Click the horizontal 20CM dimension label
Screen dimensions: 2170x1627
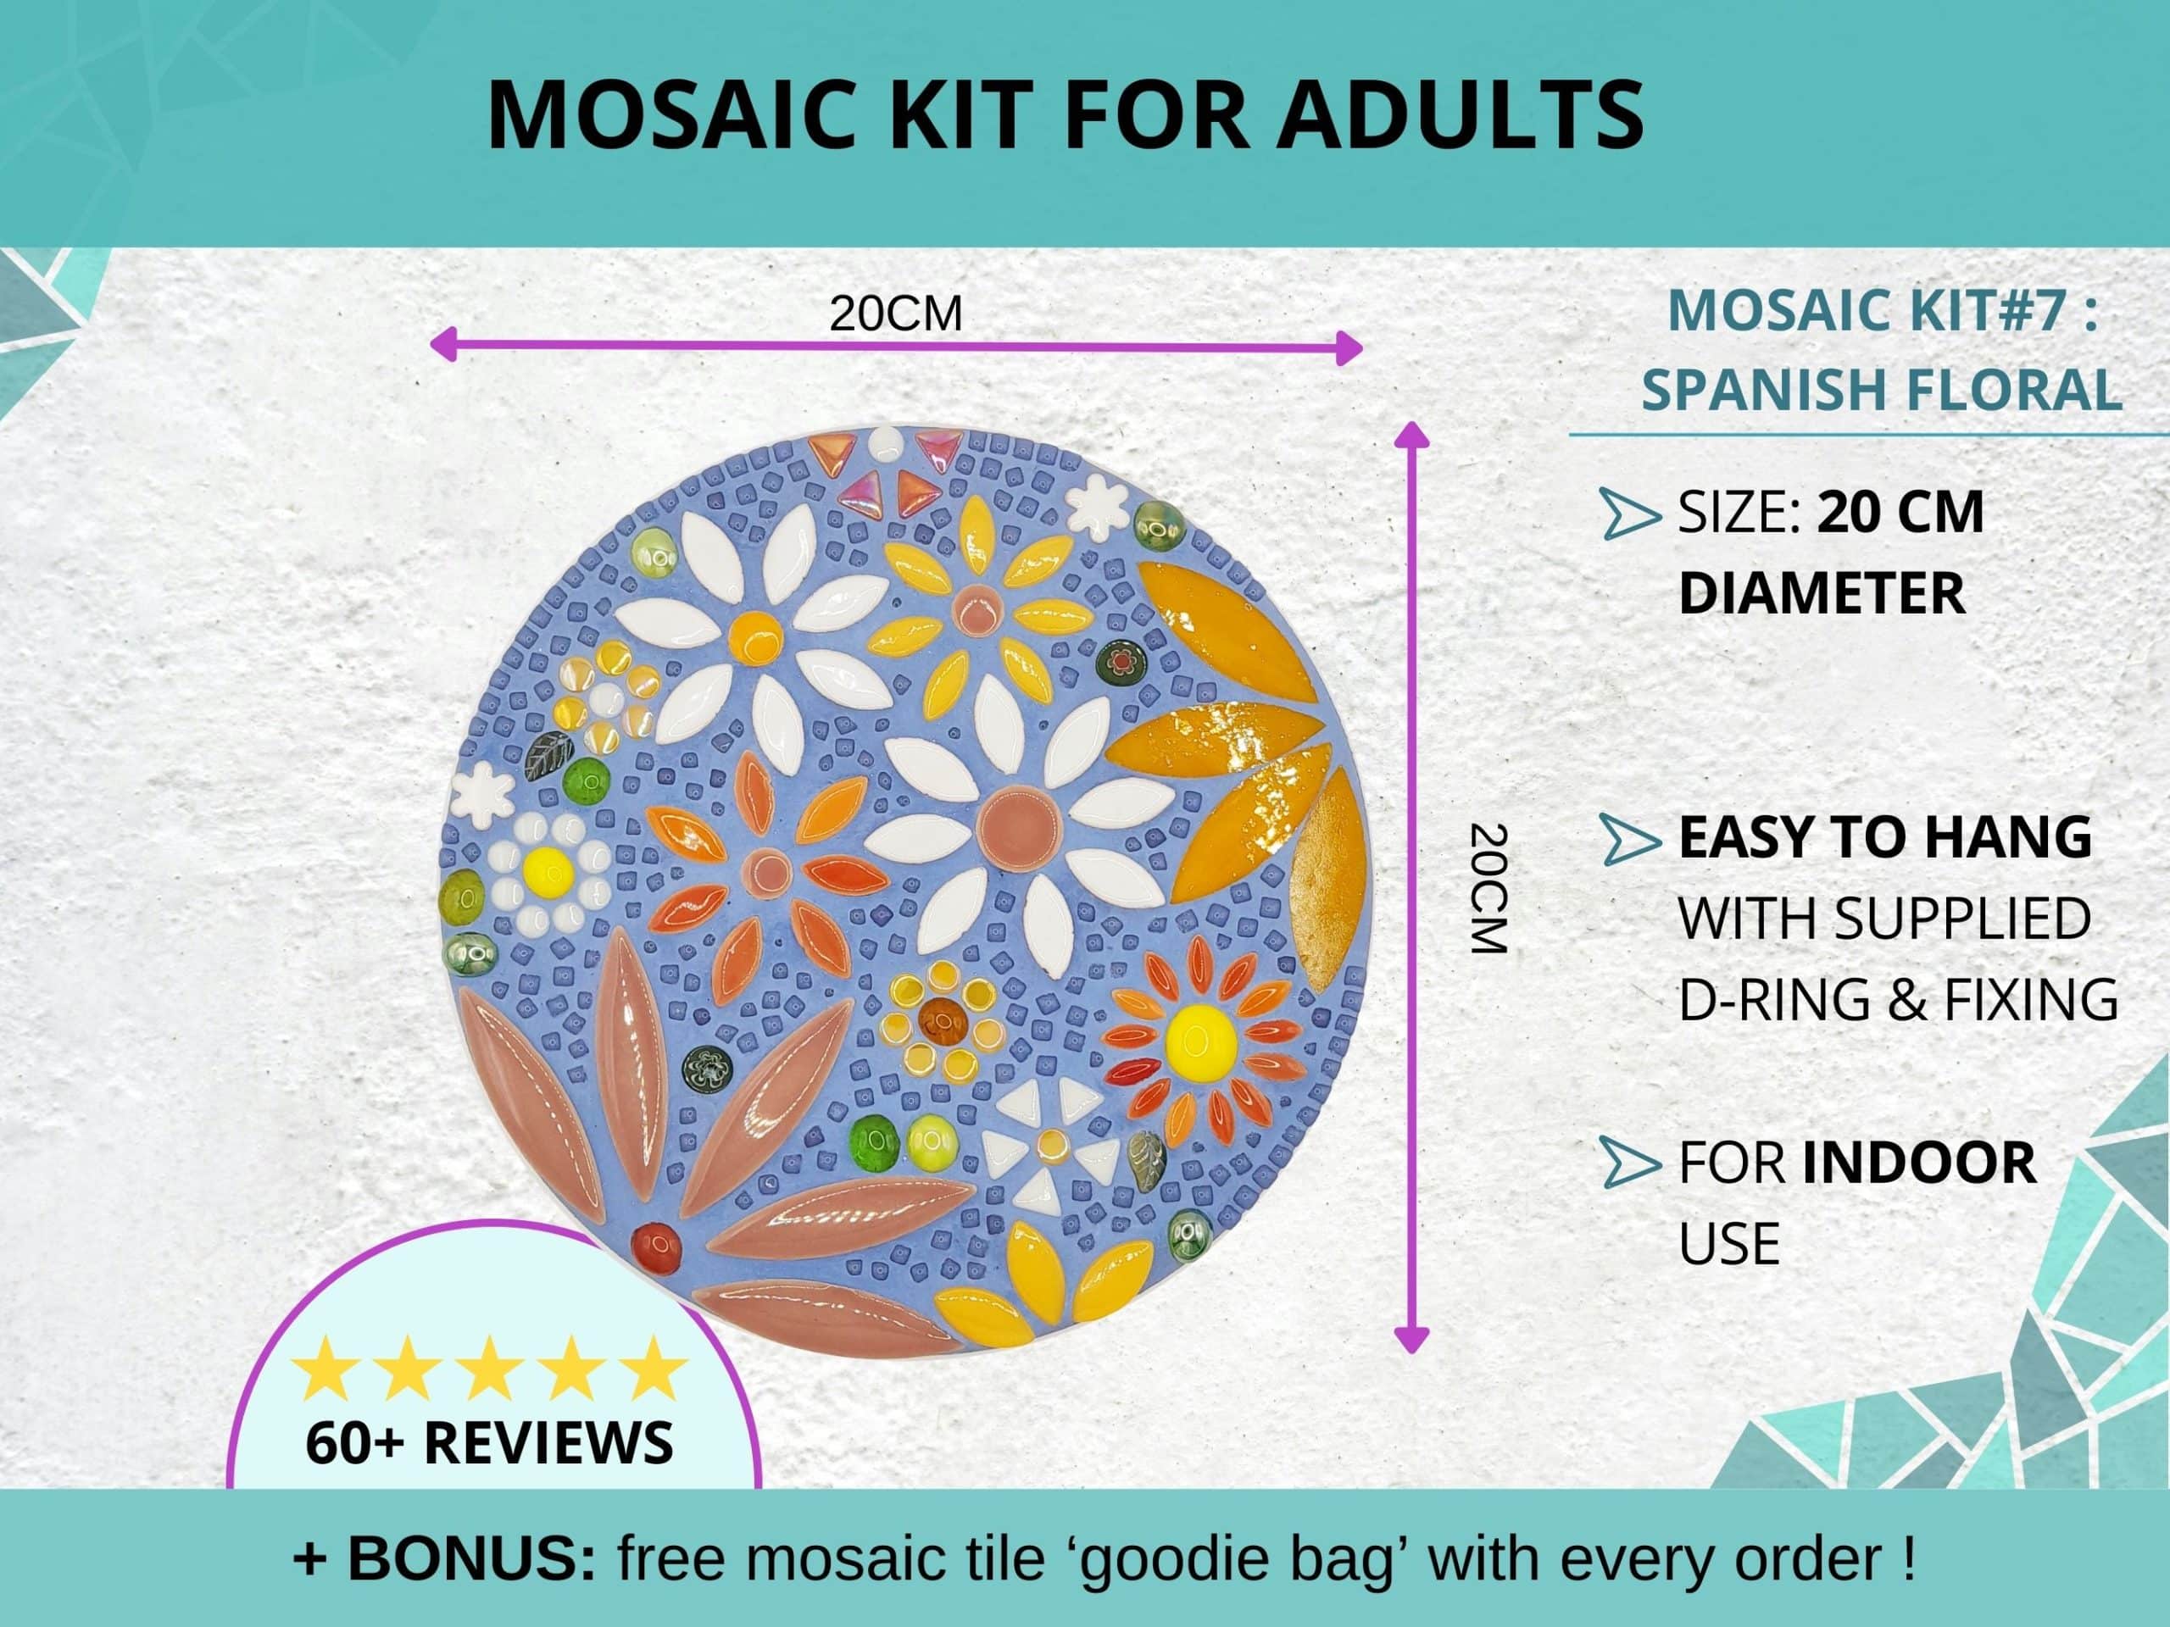click(x=896, y=314)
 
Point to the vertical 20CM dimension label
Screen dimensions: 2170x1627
click(x=1488, y=889)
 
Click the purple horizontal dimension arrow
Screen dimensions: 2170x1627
click(x=896, y=347)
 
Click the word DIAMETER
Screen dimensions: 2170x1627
click(x=1822, y=593)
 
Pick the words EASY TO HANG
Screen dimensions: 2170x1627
click(x=1884, y=836)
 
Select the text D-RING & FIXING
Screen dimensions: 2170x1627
click(x=1898, y=999)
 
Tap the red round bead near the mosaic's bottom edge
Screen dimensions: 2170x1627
click(x=656, y=1246)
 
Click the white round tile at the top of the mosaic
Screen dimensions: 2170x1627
click(x=885, y=442)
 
